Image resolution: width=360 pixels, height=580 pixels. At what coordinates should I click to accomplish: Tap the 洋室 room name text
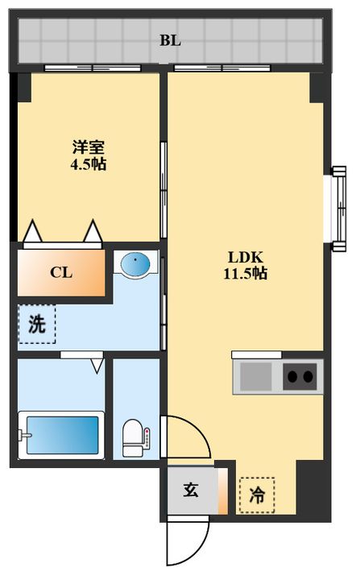tap(89, 147)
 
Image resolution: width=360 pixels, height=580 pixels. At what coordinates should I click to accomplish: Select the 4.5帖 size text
tap(89, 164)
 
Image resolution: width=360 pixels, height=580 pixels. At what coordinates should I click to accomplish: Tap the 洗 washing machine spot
tap(37, 325)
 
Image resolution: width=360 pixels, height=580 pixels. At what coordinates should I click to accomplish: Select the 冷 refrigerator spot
tap(257, 494)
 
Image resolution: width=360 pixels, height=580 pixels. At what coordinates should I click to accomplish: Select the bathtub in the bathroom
tap(62, 435)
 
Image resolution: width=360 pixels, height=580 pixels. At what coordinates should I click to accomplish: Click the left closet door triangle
tap(33, 232)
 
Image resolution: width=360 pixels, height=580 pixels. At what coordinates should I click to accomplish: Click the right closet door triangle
tap(93, 232)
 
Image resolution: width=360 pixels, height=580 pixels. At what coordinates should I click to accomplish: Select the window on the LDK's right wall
tap(337, 205)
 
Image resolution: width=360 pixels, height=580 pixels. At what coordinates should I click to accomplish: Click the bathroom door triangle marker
tap(97, 366)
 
